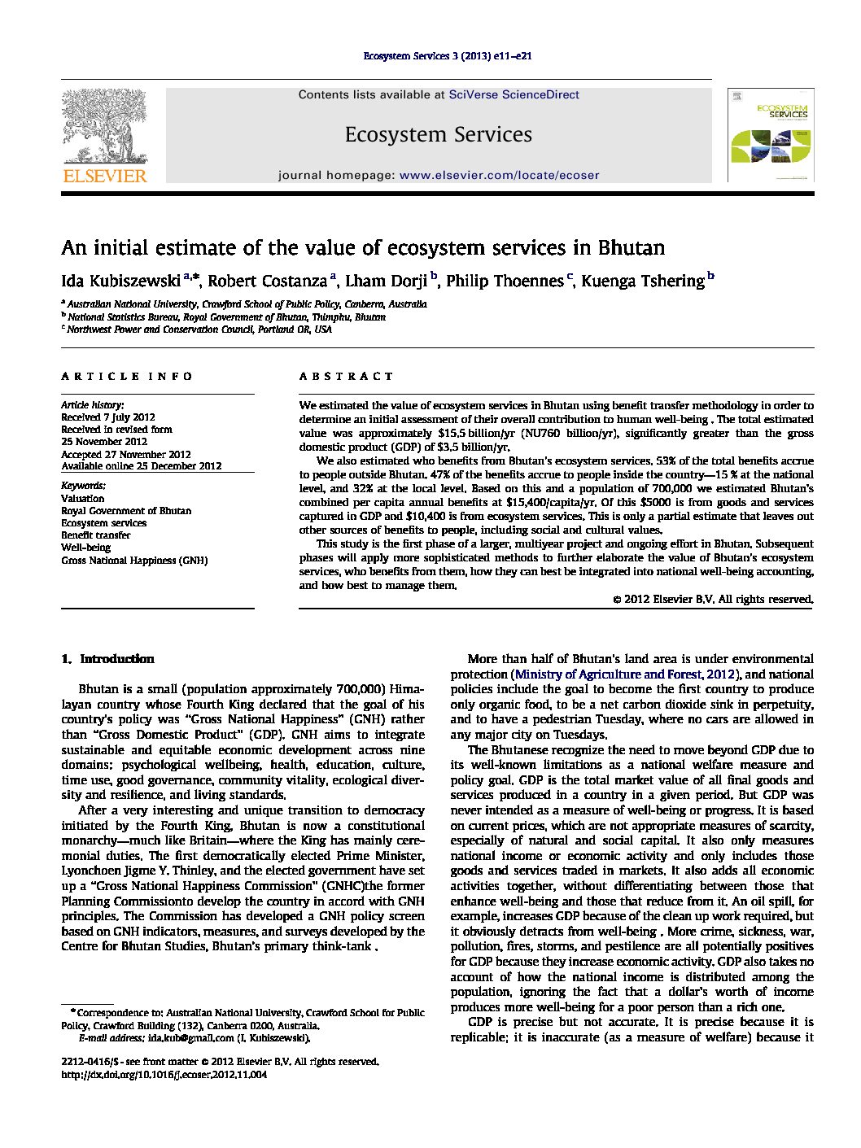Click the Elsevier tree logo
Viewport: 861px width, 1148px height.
click(104, 126)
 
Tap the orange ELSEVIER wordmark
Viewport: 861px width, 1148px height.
click(105, 176)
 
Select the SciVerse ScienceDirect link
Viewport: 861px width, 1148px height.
click(514, 95)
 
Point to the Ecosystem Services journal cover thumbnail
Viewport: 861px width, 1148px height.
click(770, 135)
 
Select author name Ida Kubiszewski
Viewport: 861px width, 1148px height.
click(121, 282)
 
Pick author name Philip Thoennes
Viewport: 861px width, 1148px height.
click(505, 282)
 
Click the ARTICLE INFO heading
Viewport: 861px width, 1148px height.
click(127, 377)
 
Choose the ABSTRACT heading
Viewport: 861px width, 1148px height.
click(346, 377)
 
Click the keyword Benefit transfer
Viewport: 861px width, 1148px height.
click(96, 535)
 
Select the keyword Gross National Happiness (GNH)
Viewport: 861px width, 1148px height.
click(134, 561)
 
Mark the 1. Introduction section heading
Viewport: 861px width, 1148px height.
click(108, 659)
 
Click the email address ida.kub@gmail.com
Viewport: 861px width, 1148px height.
click(190, 1038)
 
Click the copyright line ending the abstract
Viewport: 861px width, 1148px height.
click(713, 600)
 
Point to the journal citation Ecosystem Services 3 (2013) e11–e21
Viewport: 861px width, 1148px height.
click(447, 56)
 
